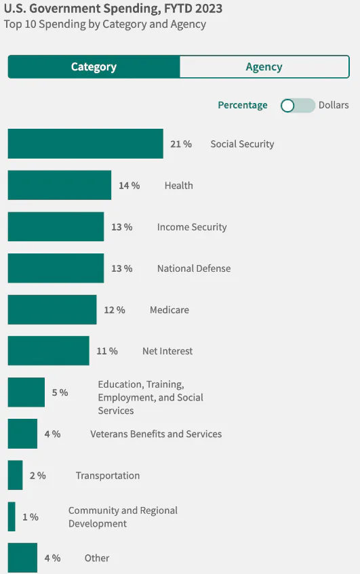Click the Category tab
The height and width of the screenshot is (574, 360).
[x=94, y=67]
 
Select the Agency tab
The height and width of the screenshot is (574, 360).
[x=264, y=67]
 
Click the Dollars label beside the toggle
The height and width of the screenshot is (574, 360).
[x=334, y=105]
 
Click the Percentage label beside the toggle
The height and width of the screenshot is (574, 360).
[x=242, y=105]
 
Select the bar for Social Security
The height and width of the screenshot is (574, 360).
[x=85, y=144]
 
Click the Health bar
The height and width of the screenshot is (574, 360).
[x=60, y=185]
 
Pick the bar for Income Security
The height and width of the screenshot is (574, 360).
[x=56, y=227]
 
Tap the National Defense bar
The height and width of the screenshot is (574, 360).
[x=56, y=268]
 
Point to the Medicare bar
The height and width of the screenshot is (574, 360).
[x=52, y=310]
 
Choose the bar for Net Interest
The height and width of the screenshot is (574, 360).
[x=48, y=351]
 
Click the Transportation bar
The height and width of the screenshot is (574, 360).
[x=15, y=475]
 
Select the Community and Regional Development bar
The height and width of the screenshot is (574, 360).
[x=12, y=517]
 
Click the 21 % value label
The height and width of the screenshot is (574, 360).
[x=181, y=144]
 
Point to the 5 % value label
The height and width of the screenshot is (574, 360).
[x=60, y=392]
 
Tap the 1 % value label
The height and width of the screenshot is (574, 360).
[x=30, y=517]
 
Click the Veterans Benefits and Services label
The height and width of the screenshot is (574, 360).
[x=156, y=434]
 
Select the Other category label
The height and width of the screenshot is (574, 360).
[x=97, y=558]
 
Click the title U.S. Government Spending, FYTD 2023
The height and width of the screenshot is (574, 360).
[x=113, y=9]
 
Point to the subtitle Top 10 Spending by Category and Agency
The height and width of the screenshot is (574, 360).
[x=104, y=24]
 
